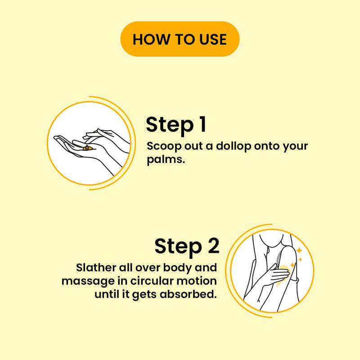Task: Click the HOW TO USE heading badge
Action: pos(180,39)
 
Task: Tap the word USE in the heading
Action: pos(213,39)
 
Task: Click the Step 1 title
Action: pos(176,125)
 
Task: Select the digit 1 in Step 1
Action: pos(202,124)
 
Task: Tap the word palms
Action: pos(166,159)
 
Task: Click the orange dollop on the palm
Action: pos(88,148)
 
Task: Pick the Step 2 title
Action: pos(187,246)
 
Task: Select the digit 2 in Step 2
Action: pos(214,245)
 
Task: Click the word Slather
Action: pos(96,268)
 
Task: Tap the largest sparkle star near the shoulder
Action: pos(299,250)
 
